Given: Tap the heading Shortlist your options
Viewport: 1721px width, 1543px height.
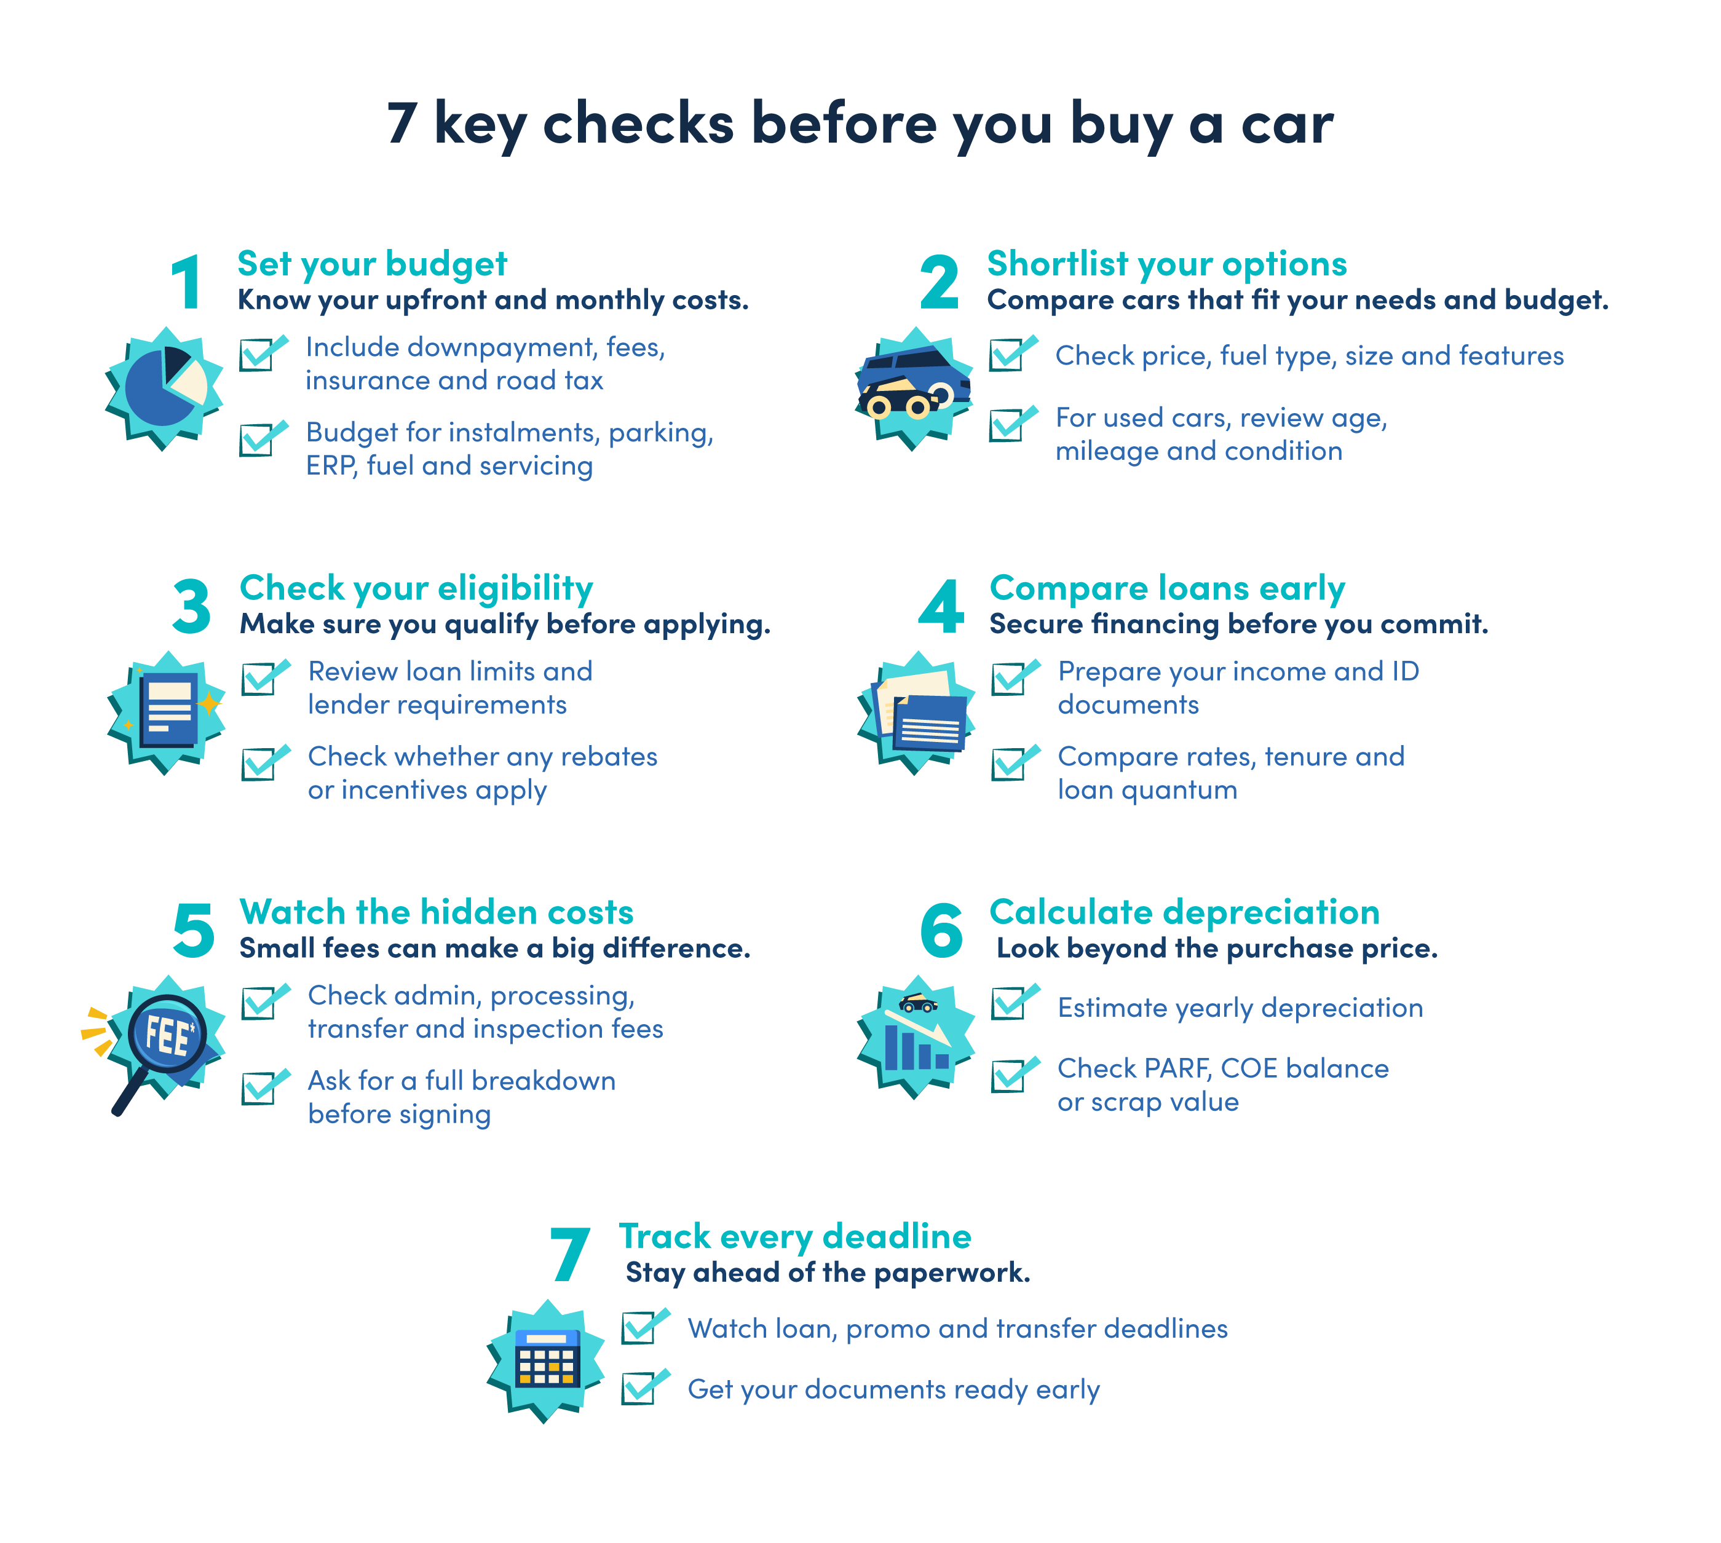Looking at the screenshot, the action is (x=1166, y=264).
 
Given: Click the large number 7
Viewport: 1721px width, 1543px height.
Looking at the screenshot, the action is (x=570, y=1255).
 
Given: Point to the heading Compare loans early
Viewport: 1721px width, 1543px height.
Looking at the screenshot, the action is (x=1168, y=588).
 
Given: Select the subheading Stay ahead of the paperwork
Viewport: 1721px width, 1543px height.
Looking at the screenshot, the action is (x=828, y=1273).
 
